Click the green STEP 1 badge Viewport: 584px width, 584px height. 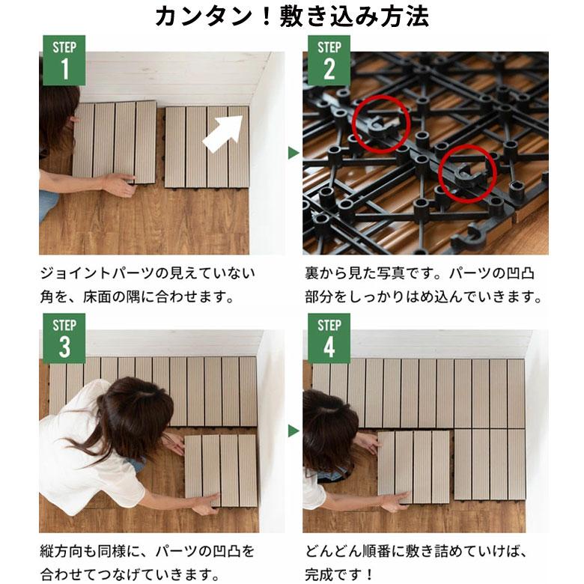click(64, 61)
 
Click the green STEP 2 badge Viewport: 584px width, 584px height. click(329, 61)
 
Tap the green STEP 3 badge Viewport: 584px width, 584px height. click(64, 338)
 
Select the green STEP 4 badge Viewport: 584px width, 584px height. click(329, 338)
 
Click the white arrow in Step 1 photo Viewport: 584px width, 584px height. click(223, 133)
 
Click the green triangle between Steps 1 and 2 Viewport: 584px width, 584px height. click(293, 153)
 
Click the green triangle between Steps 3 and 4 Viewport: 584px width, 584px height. click(293, 431)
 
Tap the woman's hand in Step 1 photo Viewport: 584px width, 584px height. click(119, 184)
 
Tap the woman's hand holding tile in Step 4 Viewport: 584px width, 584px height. click(391, 502)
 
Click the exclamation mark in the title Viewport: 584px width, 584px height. click(266, 17)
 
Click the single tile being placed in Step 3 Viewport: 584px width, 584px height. click(221, 470)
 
